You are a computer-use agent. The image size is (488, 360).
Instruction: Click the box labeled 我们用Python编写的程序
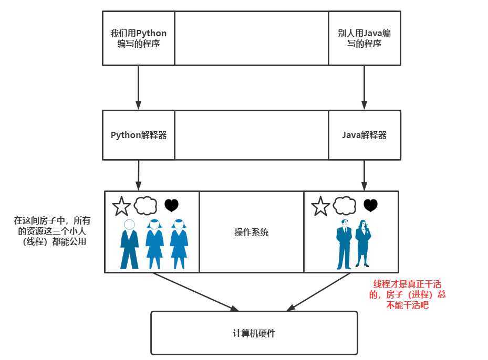(138, 38)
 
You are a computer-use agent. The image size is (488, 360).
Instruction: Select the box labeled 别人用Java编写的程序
(364, 38)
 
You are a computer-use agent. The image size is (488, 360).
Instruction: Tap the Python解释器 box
(138, 135)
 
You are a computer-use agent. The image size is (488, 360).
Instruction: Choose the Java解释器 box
(364, 135)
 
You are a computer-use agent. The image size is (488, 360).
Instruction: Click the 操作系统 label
(251, 232)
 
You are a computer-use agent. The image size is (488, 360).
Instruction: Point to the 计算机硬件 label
(254, 333)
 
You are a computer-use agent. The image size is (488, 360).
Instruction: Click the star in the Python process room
(121, 206)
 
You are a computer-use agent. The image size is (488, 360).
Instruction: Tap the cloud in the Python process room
(146, 205)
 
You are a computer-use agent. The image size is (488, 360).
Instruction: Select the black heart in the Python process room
(171, 205)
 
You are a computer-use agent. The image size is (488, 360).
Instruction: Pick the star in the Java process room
(320, 206)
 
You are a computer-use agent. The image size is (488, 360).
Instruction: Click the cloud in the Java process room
(345, 205)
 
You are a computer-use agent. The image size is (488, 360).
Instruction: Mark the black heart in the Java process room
(370, 205)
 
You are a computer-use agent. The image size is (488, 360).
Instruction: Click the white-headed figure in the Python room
(129, 244)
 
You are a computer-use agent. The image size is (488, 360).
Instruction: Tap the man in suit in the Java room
(344, 244)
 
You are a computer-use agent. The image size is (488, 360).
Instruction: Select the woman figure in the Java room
(363, 244)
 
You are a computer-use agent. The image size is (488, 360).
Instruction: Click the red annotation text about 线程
(408, 294)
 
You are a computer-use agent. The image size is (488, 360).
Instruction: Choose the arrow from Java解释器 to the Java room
(364, 175)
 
